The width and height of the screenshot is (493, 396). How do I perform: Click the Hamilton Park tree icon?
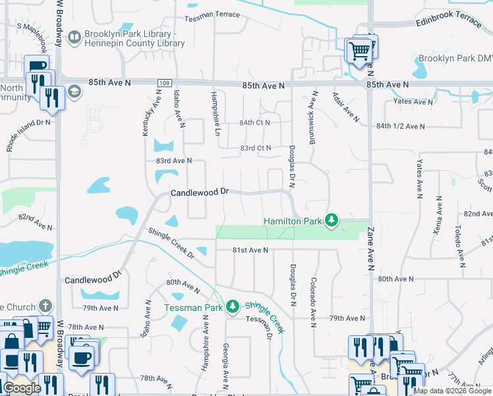(x=333, y=220)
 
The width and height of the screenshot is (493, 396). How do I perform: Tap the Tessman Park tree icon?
(x=232, y=306)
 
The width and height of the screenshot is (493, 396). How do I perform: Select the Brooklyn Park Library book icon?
(x=74, y=37)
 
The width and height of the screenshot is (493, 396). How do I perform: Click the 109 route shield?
(x=161, y=83)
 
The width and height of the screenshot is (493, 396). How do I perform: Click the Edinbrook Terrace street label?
(x=448, y=22)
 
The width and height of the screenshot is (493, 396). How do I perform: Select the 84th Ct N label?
(x=255, y=123)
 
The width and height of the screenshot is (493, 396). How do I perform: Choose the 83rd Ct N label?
(x=256, y=148)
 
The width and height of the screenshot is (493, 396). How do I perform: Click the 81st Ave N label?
(x=250, y=250)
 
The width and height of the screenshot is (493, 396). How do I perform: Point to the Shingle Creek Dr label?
(x=171, y=244)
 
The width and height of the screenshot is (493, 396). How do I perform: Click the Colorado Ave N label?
(x=314, y=302)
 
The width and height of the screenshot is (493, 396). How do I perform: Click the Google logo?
(x=22, y=388)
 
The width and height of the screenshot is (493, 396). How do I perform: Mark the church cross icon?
(x=45, y=306)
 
